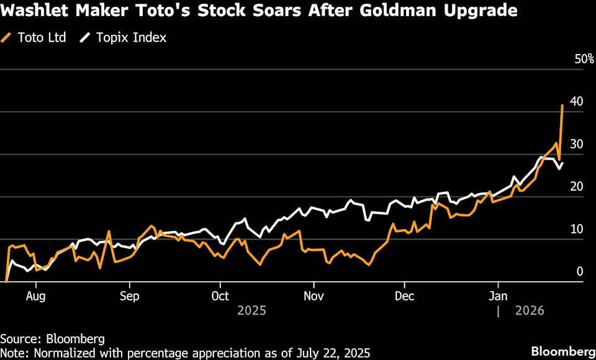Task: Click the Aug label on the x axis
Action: (x=37, y=295)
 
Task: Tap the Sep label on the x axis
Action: (x=129, y=295)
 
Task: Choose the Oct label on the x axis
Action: (x=220, y=295)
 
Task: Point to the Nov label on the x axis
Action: (x=314, y=295)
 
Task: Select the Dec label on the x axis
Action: (x=405, y=295)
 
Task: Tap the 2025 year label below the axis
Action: (x=251, y=310)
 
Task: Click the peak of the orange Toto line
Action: (x=562, y=106)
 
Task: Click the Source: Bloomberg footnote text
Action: (x=52, y=339)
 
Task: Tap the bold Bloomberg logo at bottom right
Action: (x=559, y=351)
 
